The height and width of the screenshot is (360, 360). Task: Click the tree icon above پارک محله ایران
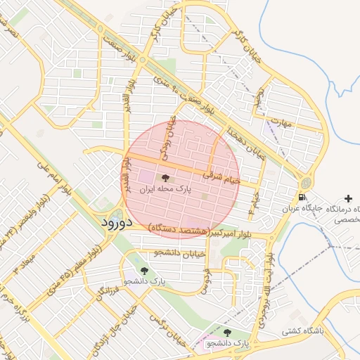pos(166,178)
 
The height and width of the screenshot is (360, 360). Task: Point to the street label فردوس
pos(205,281)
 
